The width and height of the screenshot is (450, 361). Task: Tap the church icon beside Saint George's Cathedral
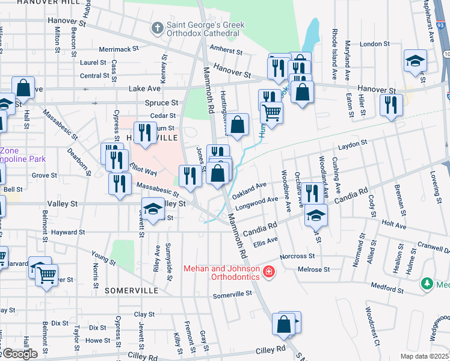click(x=157, y=27)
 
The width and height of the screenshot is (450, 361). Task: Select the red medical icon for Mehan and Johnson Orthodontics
click(x=268, y=273)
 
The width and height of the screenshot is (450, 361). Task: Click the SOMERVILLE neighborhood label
click(x=131, y=290)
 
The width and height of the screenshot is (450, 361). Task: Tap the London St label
click(x=375, y=44)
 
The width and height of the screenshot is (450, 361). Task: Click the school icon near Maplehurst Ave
click(x=415, y=60)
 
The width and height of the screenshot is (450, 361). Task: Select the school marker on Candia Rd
click(x=316, y=215)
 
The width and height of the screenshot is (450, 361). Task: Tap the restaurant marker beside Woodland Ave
click(x=311, y=193)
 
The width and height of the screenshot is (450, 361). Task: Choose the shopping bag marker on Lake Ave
click(x=23, y=88)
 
